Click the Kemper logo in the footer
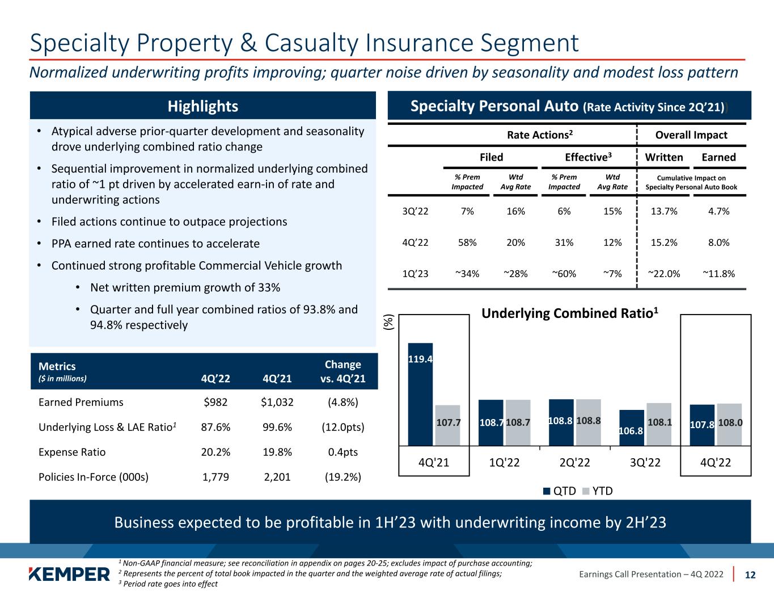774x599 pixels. click(69, 574)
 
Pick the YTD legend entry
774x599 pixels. click(598, 491)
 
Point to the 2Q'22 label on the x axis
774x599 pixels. click(574, 463)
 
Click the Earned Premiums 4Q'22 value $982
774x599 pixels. click(215, 403)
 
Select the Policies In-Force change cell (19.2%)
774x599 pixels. click(342, 477)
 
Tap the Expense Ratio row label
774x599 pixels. click(72, 453)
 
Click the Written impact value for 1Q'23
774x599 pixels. click(664, 274)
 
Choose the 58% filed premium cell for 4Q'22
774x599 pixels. click(467, 242)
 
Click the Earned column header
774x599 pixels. click(718, 157)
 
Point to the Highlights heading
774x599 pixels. click(202, 106)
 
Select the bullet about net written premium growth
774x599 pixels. click(185, 287)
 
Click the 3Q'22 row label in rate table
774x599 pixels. click(415, 211)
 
